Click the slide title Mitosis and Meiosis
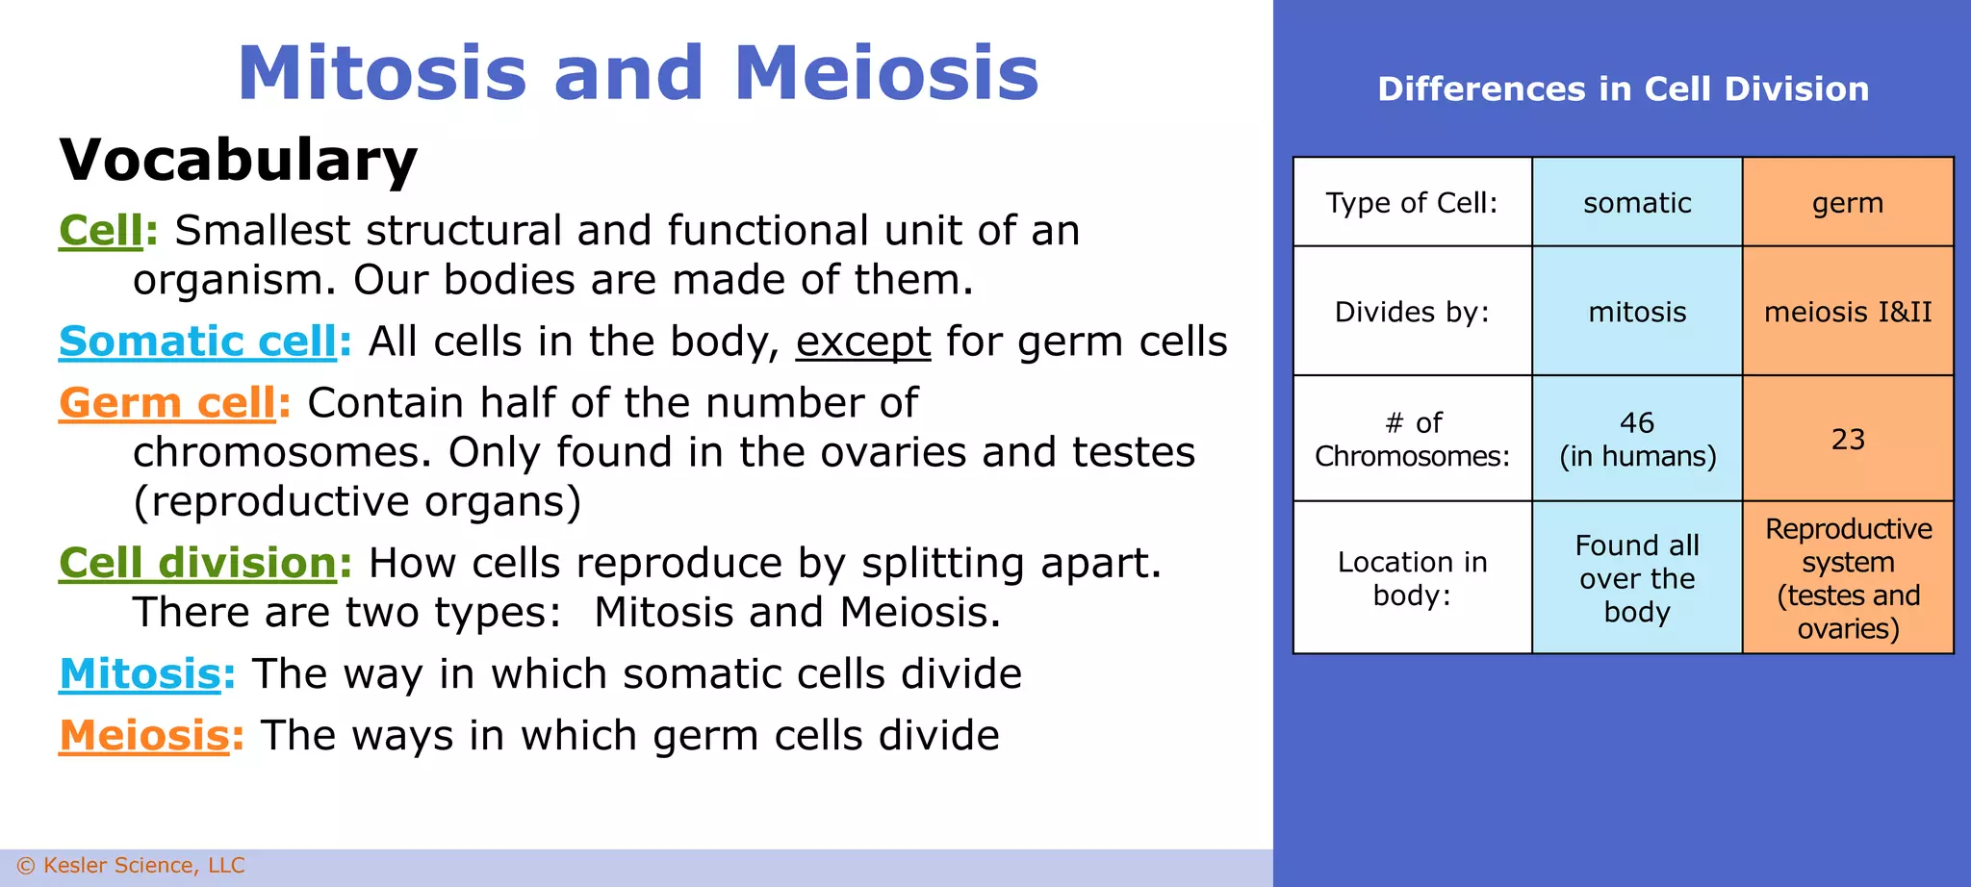(638, 73)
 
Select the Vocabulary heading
(238, 160)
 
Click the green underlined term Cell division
(197, 563)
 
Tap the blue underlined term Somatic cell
(197, 342)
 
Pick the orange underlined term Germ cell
(167, 403)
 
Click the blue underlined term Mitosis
(141, 673)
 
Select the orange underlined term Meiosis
(144, 735)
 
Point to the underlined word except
(862, 342)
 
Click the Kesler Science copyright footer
(131, 865)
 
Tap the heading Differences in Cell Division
(1623, 89)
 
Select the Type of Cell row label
(1411, 203)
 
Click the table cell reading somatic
(1636, 203)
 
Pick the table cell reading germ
(1847, 203)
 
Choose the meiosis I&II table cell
(1847, 312)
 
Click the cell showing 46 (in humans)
(1636, 439)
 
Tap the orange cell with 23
(1847, 439)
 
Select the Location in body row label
(1411, 578)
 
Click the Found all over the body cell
(1636, 578)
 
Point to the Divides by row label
(1411, 312)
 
